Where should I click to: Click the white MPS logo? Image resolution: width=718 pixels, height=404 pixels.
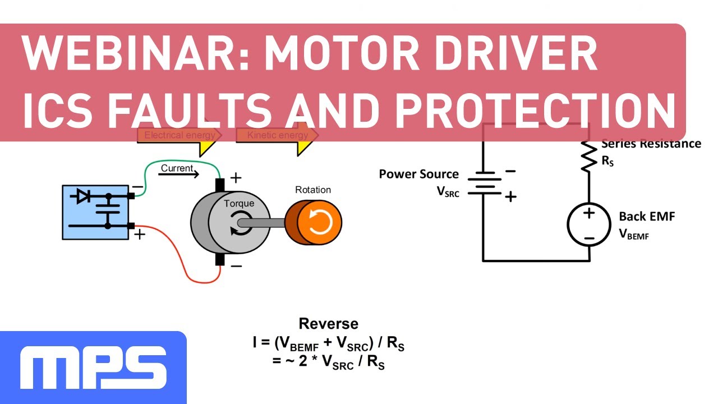93,368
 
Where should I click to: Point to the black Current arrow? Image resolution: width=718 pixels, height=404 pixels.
178,174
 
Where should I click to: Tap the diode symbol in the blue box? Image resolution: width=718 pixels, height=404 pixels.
84,196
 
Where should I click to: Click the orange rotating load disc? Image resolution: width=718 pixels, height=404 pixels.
320,223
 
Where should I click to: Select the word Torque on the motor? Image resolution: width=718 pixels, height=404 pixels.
239,204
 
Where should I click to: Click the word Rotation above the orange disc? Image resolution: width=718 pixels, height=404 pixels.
313,190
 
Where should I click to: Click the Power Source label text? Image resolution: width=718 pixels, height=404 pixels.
418,174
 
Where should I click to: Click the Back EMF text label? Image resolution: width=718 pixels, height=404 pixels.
647,217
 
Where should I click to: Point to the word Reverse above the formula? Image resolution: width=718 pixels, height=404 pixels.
328,324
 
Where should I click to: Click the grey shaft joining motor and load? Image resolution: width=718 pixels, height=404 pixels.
264,223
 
